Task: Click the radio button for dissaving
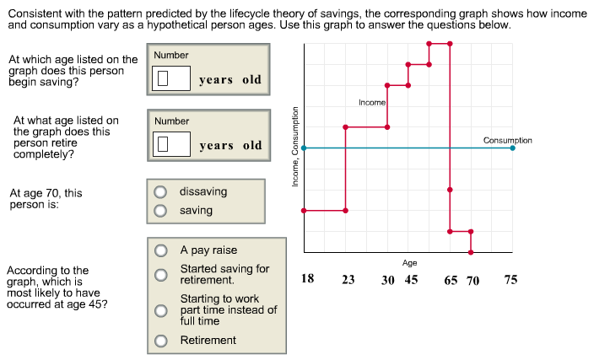point(159,192)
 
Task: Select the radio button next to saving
point(159,211)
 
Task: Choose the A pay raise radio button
point(160,250)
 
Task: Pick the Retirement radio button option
point(160,341)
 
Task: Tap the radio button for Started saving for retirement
point(160,274)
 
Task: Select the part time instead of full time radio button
point(160,310)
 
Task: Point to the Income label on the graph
point(371,102)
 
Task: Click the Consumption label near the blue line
point(507,140)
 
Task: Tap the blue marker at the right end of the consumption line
point(513,148)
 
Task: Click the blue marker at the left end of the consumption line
point(304,148)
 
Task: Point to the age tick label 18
point(308,279)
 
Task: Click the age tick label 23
point(348,280)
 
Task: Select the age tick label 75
point(510,280)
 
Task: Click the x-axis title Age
point(409,263)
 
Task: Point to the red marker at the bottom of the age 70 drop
point(471,251)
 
